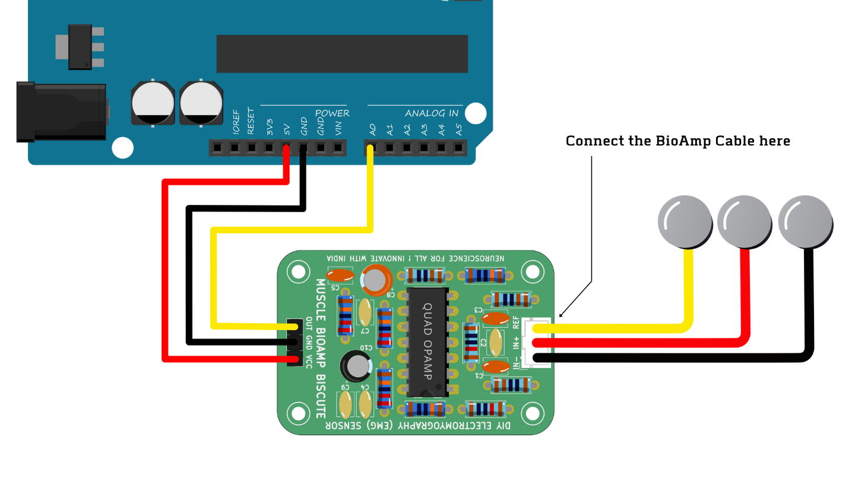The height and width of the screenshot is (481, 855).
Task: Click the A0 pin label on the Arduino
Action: pyautogui.click(x=372, y=128)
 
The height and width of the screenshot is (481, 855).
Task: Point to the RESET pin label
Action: pyautogui.click(x=252, y=121)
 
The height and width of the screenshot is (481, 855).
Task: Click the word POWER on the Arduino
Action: pyautogui.click(x=332, y=113)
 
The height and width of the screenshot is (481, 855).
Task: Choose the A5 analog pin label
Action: pyautogui.click(x=458, y=128)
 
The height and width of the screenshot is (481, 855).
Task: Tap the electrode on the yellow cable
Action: pyautogui.click(x=685, y=220)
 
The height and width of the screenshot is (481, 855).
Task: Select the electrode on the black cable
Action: pyautogui.click(x=806, y=221)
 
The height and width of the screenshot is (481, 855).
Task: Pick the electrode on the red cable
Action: pyautogui.click(x=744, y=221)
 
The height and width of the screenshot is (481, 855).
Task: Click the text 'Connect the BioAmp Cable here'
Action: pyautogui.click(x=677, y=141)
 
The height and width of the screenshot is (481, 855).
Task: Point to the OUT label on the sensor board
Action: pyautogui.click(x=309, y=325)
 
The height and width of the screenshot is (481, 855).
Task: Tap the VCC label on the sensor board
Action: pyautogui.click(x=309, y=362)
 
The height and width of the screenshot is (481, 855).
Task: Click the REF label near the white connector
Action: pyautogui.click(x=516, y=322)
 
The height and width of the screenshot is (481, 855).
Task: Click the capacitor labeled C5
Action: pyautogui.click(x=340, y=275)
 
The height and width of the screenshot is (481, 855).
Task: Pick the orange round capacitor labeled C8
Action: pyautogui.click(x=376, y=279)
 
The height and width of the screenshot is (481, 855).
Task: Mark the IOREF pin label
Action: pyautogui.click(x=236, y=121)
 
